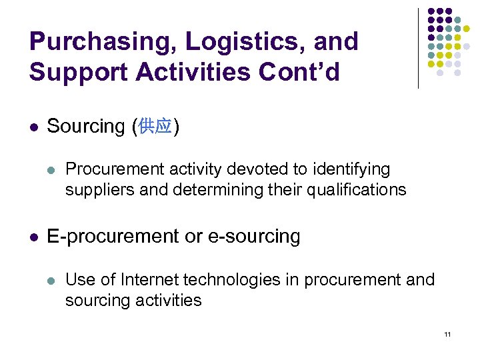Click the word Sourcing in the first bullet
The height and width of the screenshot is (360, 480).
pyautogui.click(x=86, y=125)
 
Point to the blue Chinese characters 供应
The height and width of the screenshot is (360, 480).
pyautogui.click(x=155, y=126)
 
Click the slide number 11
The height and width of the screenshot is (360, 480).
pyautogui.click(x=447, y=333)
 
